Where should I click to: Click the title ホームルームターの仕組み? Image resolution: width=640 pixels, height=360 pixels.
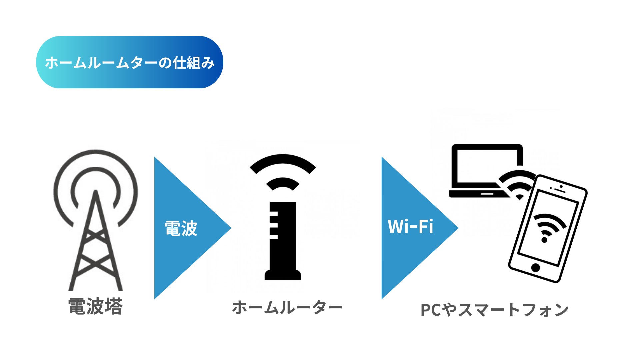point(129,63)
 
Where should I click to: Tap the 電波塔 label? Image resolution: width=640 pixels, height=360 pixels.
point(95,306)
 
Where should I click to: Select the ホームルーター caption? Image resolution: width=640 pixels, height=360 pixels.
point(287,307)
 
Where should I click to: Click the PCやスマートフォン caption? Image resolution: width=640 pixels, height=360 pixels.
point(494,310)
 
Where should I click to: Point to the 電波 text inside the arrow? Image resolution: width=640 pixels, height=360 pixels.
point(181,228)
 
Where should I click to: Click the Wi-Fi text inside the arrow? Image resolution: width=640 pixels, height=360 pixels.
point(410,227)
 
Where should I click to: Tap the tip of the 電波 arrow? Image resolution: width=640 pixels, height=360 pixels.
point(231,228)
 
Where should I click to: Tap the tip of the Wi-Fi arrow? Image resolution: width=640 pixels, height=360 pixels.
point(458,228)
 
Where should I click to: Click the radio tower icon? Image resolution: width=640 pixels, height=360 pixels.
point(96,220)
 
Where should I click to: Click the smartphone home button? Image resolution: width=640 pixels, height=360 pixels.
point(536,267)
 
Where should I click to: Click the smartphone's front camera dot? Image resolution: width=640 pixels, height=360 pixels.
point(561,187)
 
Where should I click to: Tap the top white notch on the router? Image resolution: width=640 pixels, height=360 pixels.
point(273,214)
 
